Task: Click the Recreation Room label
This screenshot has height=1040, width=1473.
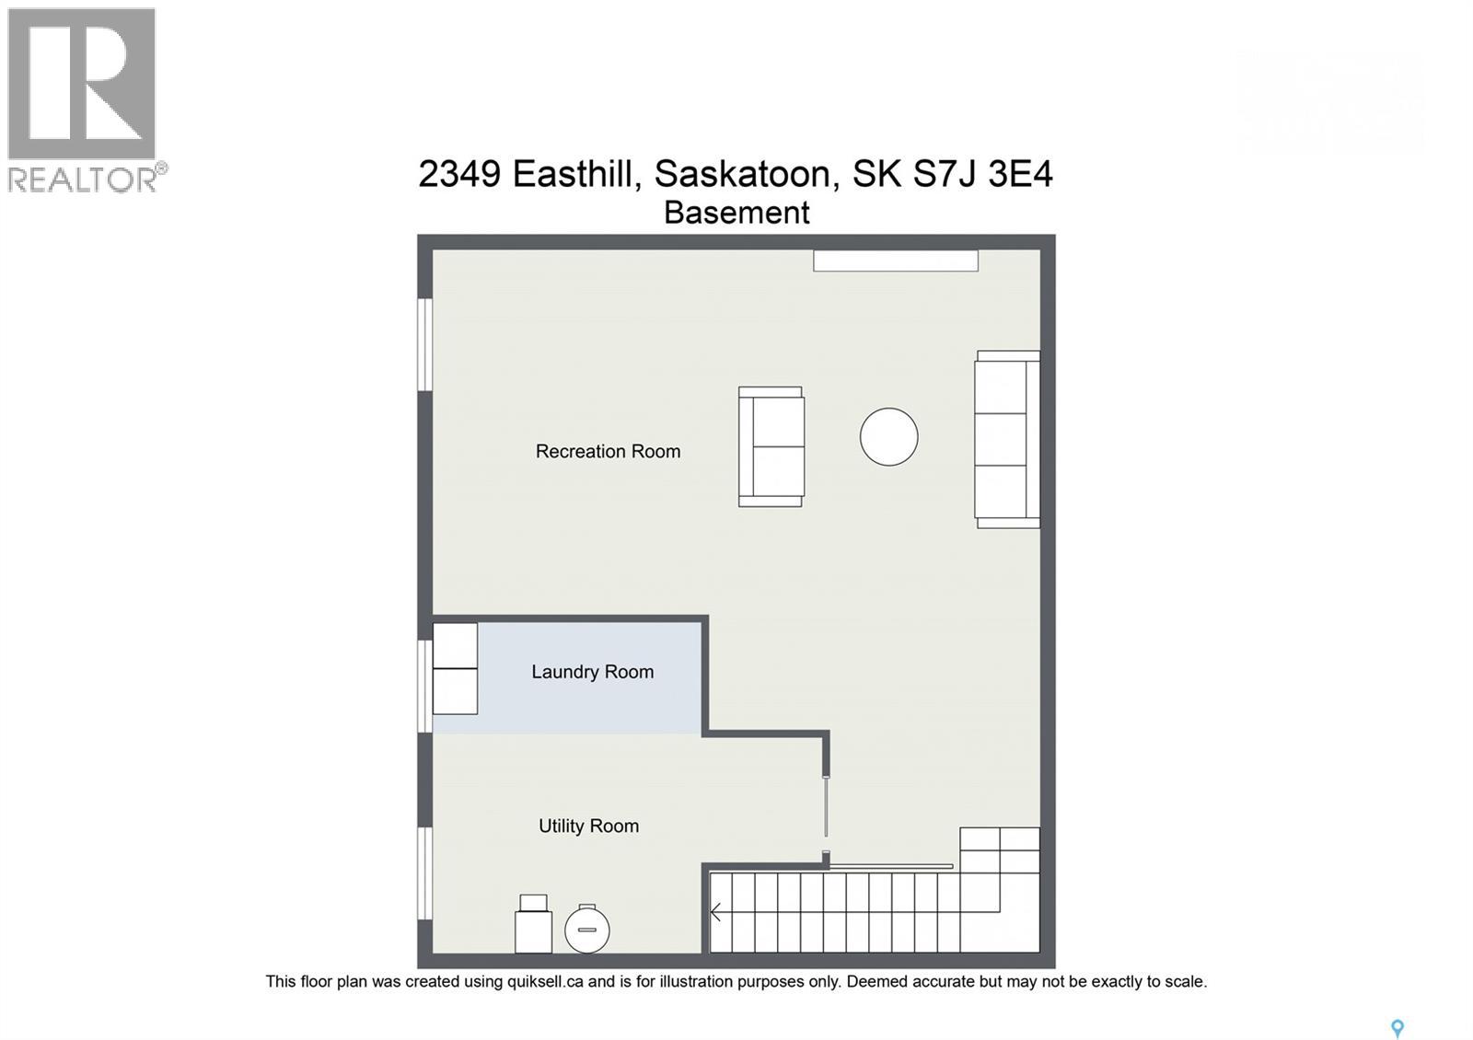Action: pyautogui.click(x=608, y=451)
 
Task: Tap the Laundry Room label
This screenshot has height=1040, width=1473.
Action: pyautogui.click(x=592, y=672)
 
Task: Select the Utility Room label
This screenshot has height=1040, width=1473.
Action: pyautogui.click(x=588, y=826)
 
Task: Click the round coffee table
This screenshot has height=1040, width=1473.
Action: pyautogui.click(x=888, y=436)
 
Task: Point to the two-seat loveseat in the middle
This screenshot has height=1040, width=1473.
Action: pyautogui.click(x=771, y=446)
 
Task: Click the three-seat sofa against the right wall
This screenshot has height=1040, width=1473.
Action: pyautogui.click(x=1007, y=439)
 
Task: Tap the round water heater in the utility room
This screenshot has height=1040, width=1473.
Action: pyautogui.click(x=586, y=930)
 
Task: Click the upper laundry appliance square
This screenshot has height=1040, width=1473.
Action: pyautogui.click(x=455, y=646)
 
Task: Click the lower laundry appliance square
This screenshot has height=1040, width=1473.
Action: pyautogui.click(x=455, y=691)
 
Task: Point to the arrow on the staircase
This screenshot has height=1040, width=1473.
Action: pyautogui.click(x=716, y=913)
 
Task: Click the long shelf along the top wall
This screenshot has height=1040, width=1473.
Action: pyautogui.click(x=895, y=260)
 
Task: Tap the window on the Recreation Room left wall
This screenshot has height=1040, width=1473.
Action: pyautogui.click(x=424, y=344)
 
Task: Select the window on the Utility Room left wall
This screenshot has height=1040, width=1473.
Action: pyautogui.click(x=424, y=872)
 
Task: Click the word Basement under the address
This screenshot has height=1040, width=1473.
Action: pyautogui.click(x=736, y=213)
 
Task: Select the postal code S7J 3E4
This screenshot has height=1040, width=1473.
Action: pyautogui.click(x=981, y=173)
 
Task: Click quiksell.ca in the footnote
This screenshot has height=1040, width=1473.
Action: pyautogui.click(x=545, y=982)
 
